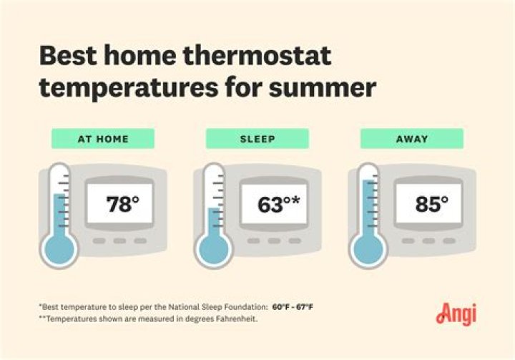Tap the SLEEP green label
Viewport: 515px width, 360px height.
click(257, 139)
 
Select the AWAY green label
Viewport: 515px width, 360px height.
click(411, 139)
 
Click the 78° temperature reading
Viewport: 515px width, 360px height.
click(123, 205)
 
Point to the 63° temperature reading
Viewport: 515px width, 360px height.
click(272, 205)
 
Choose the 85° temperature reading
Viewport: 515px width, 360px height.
click(432, 205)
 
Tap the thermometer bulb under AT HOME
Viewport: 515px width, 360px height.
click(59, 250)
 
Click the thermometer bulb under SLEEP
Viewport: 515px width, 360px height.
click(213, 250)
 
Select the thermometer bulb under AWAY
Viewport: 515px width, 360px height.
click(368, 250)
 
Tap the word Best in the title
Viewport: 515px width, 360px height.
click(70, 56)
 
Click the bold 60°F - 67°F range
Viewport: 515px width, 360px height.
click(293, 307)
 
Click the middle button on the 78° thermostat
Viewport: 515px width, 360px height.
click(120, 241)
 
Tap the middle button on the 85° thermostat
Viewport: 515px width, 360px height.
click(429, 241)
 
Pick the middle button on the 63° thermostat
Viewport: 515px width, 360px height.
click(274, 241)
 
